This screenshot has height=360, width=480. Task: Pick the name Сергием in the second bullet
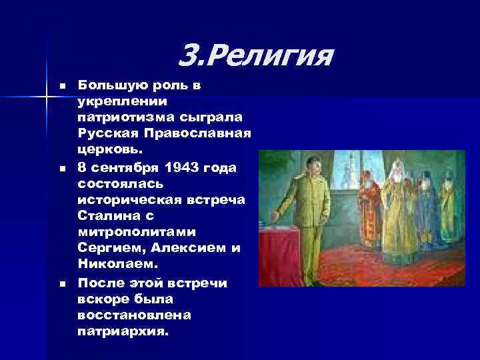107,248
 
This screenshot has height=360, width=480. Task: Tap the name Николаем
111,265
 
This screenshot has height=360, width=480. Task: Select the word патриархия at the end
119,330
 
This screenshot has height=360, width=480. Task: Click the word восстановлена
125,314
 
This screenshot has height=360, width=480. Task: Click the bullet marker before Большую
62,86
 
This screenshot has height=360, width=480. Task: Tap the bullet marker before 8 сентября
62,167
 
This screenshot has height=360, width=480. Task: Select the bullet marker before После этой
62,284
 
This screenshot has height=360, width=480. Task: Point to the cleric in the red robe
368,207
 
